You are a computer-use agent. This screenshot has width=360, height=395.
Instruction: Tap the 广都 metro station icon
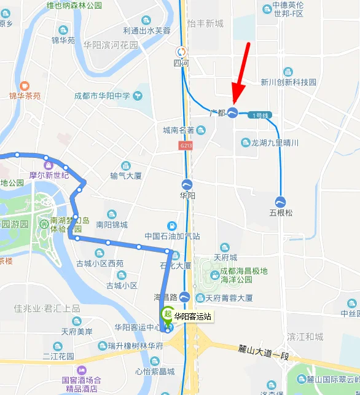tap(233, 112)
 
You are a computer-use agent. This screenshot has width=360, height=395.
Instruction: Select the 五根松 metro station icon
tap(281, 201)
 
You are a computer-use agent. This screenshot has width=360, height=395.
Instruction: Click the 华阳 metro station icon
tap(187, 184)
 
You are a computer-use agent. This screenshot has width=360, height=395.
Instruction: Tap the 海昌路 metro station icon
tap(184, 297)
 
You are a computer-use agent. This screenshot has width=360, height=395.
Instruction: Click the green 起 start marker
tap(166, 313)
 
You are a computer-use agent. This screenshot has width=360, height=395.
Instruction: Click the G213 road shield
tap(186, 146)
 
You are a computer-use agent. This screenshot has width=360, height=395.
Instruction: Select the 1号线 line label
tap(262, 115)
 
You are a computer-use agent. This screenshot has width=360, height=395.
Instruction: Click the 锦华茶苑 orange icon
tap(25, 86)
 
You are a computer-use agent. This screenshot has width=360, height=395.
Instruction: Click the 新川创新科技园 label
tap(288, 82)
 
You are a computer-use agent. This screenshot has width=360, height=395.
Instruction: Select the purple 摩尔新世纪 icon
tap(48, 165)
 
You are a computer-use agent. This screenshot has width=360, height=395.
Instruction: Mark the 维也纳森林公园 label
tap(74, 6)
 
